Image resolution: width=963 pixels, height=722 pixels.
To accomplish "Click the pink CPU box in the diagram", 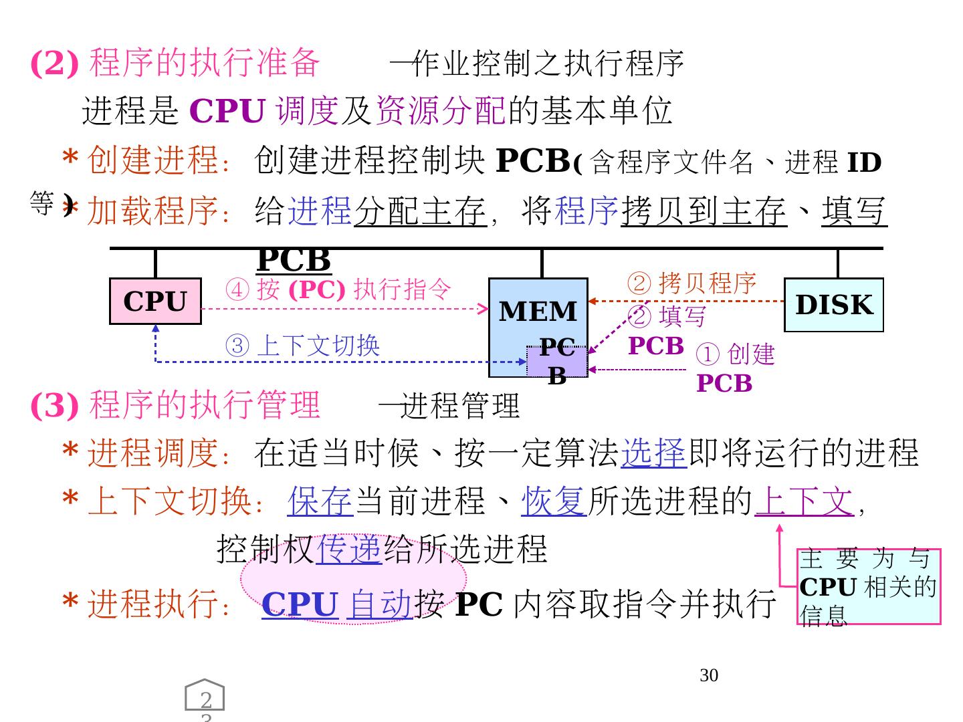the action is point(155,302).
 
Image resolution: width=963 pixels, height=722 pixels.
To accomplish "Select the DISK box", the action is point(834,305).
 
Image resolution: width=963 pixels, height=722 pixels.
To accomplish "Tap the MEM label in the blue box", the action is point(538,312).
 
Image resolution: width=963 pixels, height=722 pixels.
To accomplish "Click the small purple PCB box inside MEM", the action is point(557,362).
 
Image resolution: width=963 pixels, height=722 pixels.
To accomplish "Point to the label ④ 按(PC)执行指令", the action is point(338,289).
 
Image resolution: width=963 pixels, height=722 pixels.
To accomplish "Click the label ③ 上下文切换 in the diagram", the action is point(302,346).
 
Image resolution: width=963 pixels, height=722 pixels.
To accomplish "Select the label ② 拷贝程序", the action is point(691,283).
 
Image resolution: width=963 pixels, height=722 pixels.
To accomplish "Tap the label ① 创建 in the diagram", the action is point(735,354).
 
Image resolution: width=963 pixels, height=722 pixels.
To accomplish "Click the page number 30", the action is point(709,676).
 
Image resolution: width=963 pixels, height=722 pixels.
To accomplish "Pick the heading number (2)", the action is point(54,64).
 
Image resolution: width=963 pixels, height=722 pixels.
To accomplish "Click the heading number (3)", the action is point(54,405).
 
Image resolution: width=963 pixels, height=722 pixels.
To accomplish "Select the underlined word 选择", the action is point(654,453).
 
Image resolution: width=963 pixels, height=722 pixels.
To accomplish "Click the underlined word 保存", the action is point(320,501).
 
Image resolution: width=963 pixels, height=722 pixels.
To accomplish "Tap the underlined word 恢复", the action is point(554,501).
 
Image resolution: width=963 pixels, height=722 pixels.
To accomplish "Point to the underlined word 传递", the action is point(348,550).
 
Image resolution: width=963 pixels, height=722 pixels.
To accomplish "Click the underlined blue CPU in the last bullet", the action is point(299,604).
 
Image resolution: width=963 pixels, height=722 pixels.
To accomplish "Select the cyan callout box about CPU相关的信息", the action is point(869,587).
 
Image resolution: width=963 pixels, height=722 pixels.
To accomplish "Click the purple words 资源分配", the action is point(441,111).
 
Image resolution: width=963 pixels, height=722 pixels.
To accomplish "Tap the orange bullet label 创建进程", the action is point(153,160).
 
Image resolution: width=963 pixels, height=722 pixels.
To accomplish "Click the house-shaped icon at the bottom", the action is point(205,697).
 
